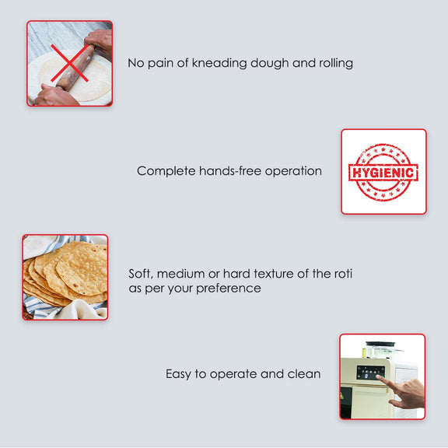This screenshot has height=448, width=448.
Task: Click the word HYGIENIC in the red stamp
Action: [383, 172]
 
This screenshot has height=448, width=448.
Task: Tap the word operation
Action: [292, 171]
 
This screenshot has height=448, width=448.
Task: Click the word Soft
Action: [141, 274]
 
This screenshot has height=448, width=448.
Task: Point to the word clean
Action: [303, 374]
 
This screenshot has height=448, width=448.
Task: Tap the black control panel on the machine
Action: [369, 373]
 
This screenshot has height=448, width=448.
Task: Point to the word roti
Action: [341, 274]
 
